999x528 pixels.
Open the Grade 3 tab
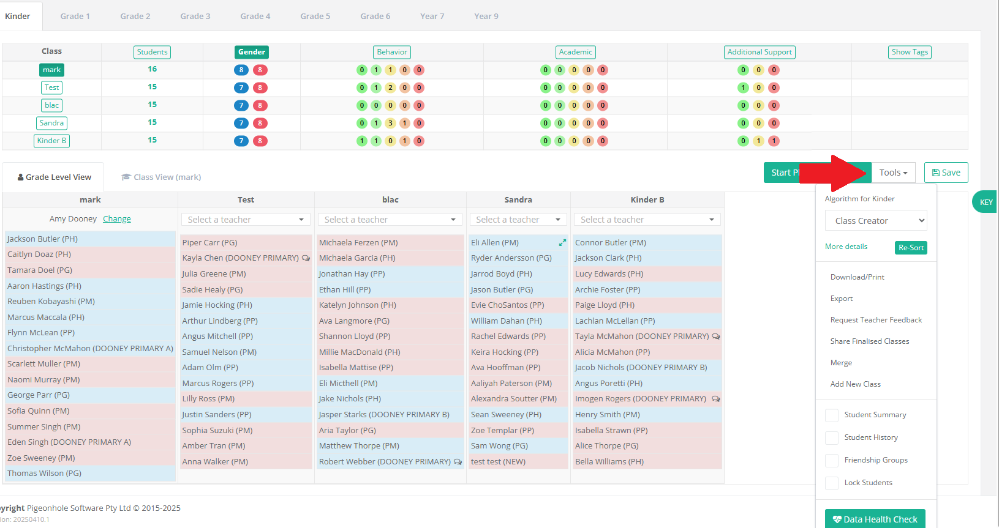point(195,16)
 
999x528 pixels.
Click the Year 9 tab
point(486,16)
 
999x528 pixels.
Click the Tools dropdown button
point(893,173)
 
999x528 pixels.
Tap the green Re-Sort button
point(911,248)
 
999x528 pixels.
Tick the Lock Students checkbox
point(832,483)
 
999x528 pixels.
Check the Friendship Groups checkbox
point(832,460)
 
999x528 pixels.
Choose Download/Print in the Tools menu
point(857,277)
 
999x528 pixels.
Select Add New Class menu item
point(856,384)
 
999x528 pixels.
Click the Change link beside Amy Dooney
point(117,219)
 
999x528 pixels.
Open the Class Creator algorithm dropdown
point(876,220)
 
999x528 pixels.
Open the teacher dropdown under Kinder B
point(647,220)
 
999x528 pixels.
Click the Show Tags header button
point(910,52)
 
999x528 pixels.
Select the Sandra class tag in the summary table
point(51,123)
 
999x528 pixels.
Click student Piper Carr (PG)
point(209,243)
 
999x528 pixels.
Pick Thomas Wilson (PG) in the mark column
point(44,473)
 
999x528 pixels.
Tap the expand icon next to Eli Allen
point(562,242)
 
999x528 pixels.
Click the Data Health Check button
point(875,519)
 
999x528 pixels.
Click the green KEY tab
point(986,203)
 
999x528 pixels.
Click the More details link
point(846,247)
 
